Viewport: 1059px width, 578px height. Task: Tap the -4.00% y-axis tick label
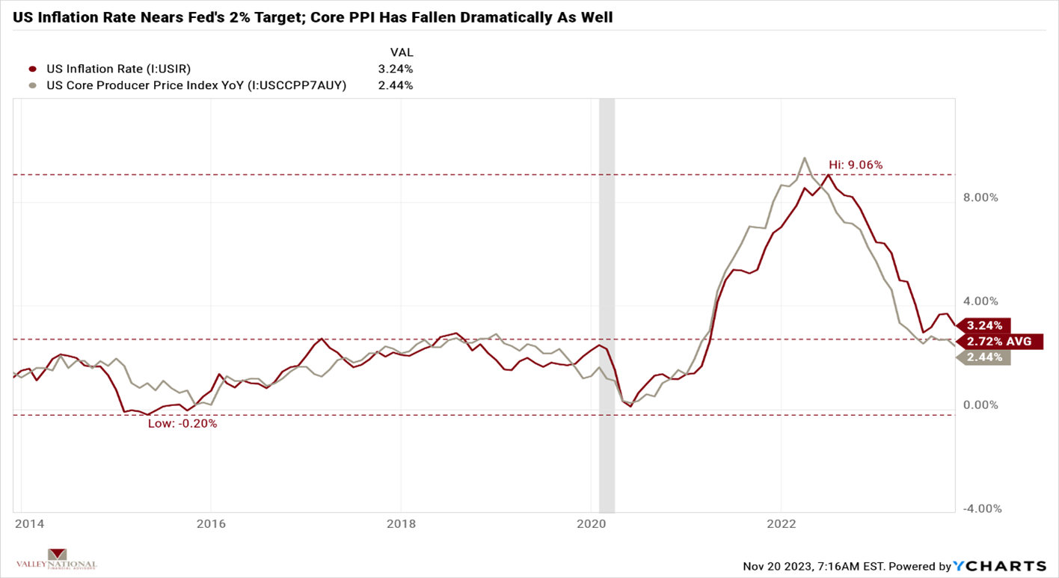[981, 509]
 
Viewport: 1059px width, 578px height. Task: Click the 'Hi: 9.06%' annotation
[856, 165]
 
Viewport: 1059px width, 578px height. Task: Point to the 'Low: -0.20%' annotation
[182, 423]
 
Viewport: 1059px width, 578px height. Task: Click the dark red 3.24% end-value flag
[983, 325]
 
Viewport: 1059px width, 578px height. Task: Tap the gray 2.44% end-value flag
[983, 357]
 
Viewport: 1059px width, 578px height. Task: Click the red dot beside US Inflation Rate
[33, 69]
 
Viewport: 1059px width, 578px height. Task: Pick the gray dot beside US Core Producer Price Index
[33, 85]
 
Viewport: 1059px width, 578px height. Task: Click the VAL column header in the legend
[402, 52]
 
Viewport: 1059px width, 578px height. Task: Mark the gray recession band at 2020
[607, 299]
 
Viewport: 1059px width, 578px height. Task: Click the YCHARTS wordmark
[1000, 565]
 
